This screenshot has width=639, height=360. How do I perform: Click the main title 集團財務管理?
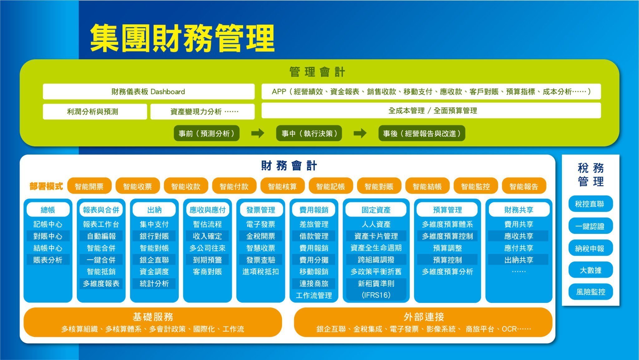pos(183,38)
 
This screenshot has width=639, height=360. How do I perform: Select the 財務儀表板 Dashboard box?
pos(149,91)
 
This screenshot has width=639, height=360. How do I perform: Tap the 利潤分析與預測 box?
pos(95,111)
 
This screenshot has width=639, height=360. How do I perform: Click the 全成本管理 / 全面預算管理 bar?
pos(431,111)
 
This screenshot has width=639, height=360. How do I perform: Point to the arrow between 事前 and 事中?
pos(258,134)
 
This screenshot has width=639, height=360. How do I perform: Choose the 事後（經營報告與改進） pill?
pos(422,133)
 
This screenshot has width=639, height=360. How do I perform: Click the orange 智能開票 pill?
pos(89,186)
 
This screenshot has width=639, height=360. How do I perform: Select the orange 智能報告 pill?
pos(524,186)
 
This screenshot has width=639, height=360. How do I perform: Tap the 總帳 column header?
pos(48,210)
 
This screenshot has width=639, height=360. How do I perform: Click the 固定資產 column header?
pos(376,210)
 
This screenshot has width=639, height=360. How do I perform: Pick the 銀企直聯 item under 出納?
pos(154,260)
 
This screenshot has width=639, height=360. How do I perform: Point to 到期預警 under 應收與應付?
pos(207,260)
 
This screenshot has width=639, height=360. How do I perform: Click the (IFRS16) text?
pos(376,295)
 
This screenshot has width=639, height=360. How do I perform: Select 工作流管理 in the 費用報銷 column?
pos(314,295)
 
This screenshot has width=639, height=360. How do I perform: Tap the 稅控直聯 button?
pos(590,204)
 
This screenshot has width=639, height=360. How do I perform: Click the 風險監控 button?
pos(590,292)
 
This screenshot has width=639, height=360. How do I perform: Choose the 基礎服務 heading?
pos(153,317)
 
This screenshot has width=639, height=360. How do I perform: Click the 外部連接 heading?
pos(424,317)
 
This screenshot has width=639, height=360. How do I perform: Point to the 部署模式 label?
pos(46,186)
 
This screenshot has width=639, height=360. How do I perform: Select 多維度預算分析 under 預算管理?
pos(447,272)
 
